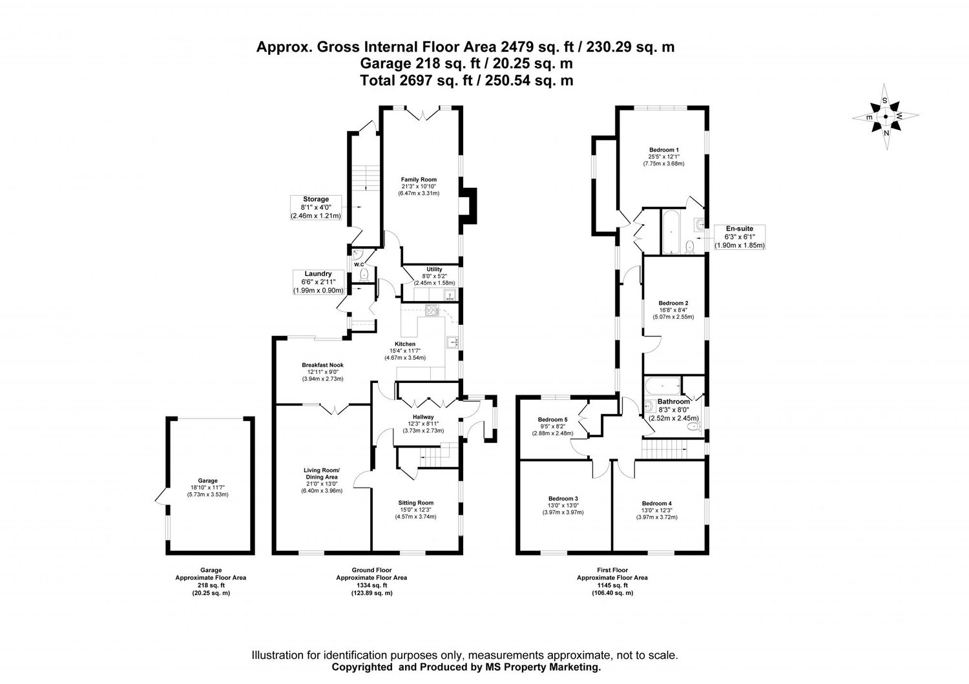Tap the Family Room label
[419, 180]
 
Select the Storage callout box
[316, 207]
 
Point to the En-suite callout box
[739, 237]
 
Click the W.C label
[359, 265]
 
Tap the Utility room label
[434, 269]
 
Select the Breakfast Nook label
[322, 365]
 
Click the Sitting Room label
[415, 503]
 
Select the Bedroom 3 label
[563, 499]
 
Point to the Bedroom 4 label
[657, 503]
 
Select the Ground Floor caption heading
[371, 570]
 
